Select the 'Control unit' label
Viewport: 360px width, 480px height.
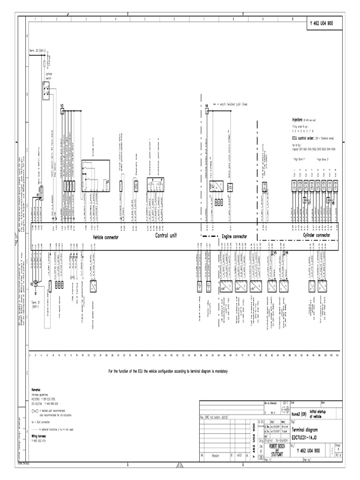166,236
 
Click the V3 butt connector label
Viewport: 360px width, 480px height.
62,106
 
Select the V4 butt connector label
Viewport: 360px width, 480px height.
207,106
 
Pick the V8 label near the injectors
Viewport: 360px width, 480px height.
333,203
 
